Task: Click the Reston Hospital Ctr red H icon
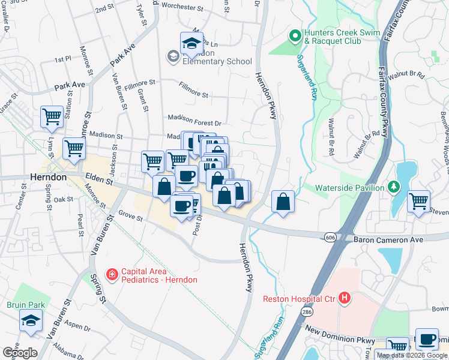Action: (x=344, y=298)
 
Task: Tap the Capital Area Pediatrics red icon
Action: (x=111, y=275)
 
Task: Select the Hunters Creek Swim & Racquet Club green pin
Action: (x=295, y=36)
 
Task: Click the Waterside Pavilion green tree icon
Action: (x=393, y=188)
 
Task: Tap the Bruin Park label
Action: (x=22, y=305)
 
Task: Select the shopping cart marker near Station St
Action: (x=52, y=116)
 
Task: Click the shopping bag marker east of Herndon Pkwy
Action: (x=283, y=202)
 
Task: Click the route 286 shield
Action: (x=307, y=313)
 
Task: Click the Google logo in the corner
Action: (x=20, y=353)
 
